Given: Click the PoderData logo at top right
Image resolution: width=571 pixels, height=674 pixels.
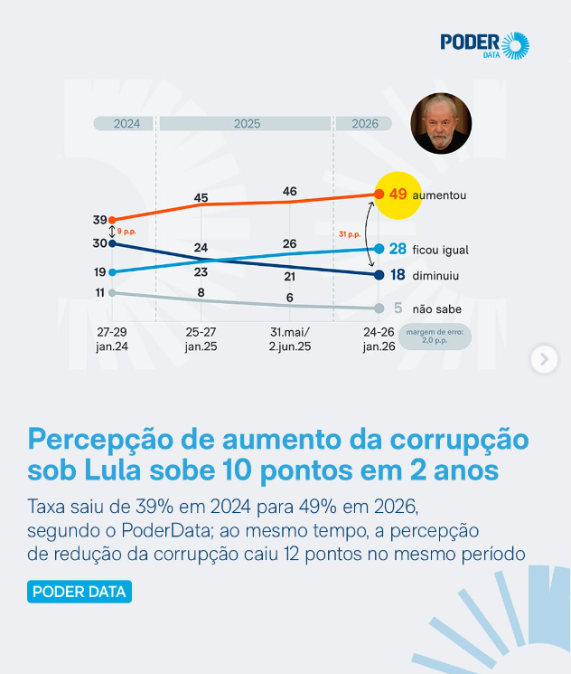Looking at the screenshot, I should (x=484, y=45).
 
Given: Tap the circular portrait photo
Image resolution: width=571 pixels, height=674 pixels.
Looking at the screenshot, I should (x=441, y=124).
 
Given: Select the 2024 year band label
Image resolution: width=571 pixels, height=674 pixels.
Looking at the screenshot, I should (x=126, y=124).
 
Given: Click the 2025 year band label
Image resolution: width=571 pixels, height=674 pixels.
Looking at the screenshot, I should (x=247, y=124).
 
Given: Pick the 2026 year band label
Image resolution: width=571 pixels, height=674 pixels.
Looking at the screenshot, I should (x=364, y=124).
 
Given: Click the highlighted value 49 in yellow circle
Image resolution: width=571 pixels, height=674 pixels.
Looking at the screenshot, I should (x=398, y=195).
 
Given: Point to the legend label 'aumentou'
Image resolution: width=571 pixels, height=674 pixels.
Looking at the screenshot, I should (x=439, y=195).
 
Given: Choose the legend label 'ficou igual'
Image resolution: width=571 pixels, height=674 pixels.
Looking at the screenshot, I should (x=440, y=249).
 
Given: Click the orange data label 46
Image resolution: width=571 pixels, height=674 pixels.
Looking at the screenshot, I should (x=290, y=192).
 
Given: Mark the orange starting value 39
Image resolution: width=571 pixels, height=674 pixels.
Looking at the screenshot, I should (x=100, y=220).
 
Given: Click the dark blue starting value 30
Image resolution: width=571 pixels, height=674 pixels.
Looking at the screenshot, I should (x=100, y=242).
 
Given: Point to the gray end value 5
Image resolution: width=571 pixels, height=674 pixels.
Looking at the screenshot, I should (x=398, y=309).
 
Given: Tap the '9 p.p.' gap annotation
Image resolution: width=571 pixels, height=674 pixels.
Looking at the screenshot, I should (x=126, y=232).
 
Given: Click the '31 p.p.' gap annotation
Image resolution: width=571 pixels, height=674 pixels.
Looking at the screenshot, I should (x=350, y=234).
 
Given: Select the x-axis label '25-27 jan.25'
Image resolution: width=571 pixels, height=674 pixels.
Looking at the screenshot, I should (x=201, y=339).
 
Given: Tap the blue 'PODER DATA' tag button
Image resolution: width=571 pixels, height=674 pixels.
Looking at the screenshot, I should (x=80, y=593).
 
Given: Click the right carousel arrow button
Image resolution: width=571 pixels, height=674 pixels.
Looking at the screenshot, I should (x=543, y=359).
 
